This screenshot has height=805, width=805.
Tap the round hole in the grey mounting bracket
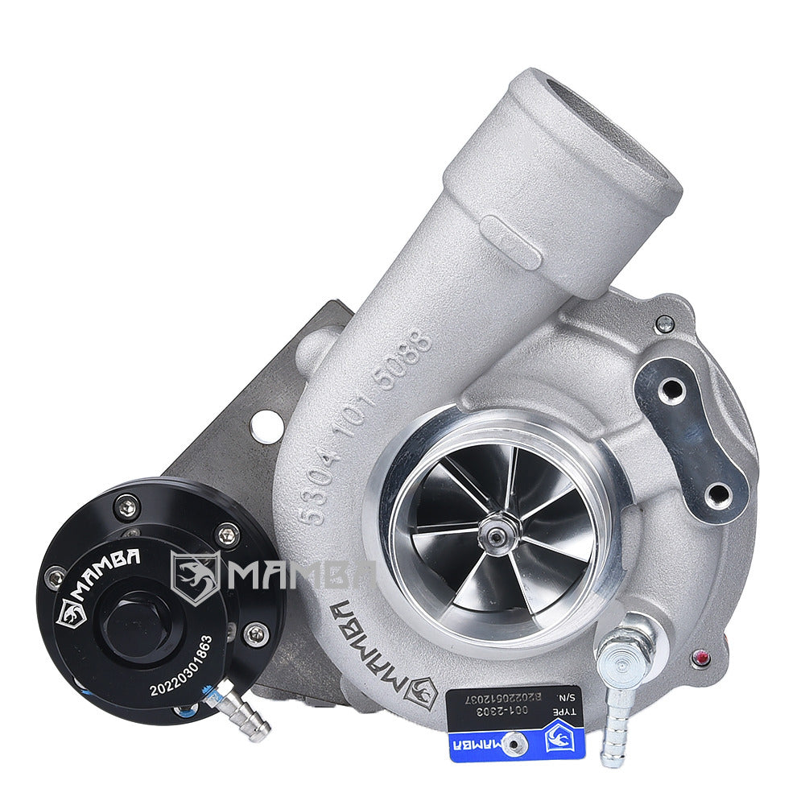[266, 424]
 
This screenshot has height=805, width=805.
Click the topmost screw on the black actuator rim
[127, 506]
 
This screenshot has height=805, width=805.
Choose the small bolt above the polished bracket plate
[664, 324]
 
